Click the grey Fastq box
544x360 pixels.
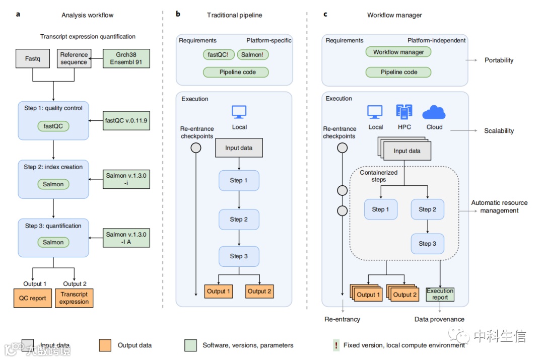pos(33,58)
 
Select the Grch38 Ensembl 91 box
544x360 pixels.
pos(126,58)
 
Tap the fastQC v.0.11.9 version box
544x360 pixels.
pos(126,121)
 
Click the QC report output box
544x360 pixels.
pos(33,298)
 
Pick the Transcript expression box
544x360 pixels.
pos(74,298)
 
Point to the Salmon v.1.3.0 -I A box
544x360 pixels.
pos(126,238)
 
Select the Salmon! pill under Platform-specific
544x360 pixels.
pos(252,54)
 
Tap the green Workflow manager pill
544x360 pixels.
pos(398,52)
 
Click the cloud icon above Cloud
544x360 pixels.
pos(434,112)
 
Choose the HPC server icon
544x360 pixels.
pos(404,112)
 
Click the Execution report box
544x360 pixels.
pos(440,295)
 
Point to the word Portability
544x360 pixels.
pos(499,60)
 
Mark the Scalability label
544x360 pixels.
pos(499,131)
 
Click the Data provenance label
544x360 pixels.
pos(439,319)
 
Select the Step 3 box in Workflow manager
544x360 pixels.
pos(427,244)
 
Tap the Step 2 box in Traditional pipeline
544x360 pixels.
pos(239,220)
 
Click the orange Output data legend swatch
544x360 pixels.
pos(105,345)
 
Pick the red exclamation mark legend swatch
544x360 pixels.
pos(335,345)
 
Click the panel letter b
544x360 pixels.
pos(178,14)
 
